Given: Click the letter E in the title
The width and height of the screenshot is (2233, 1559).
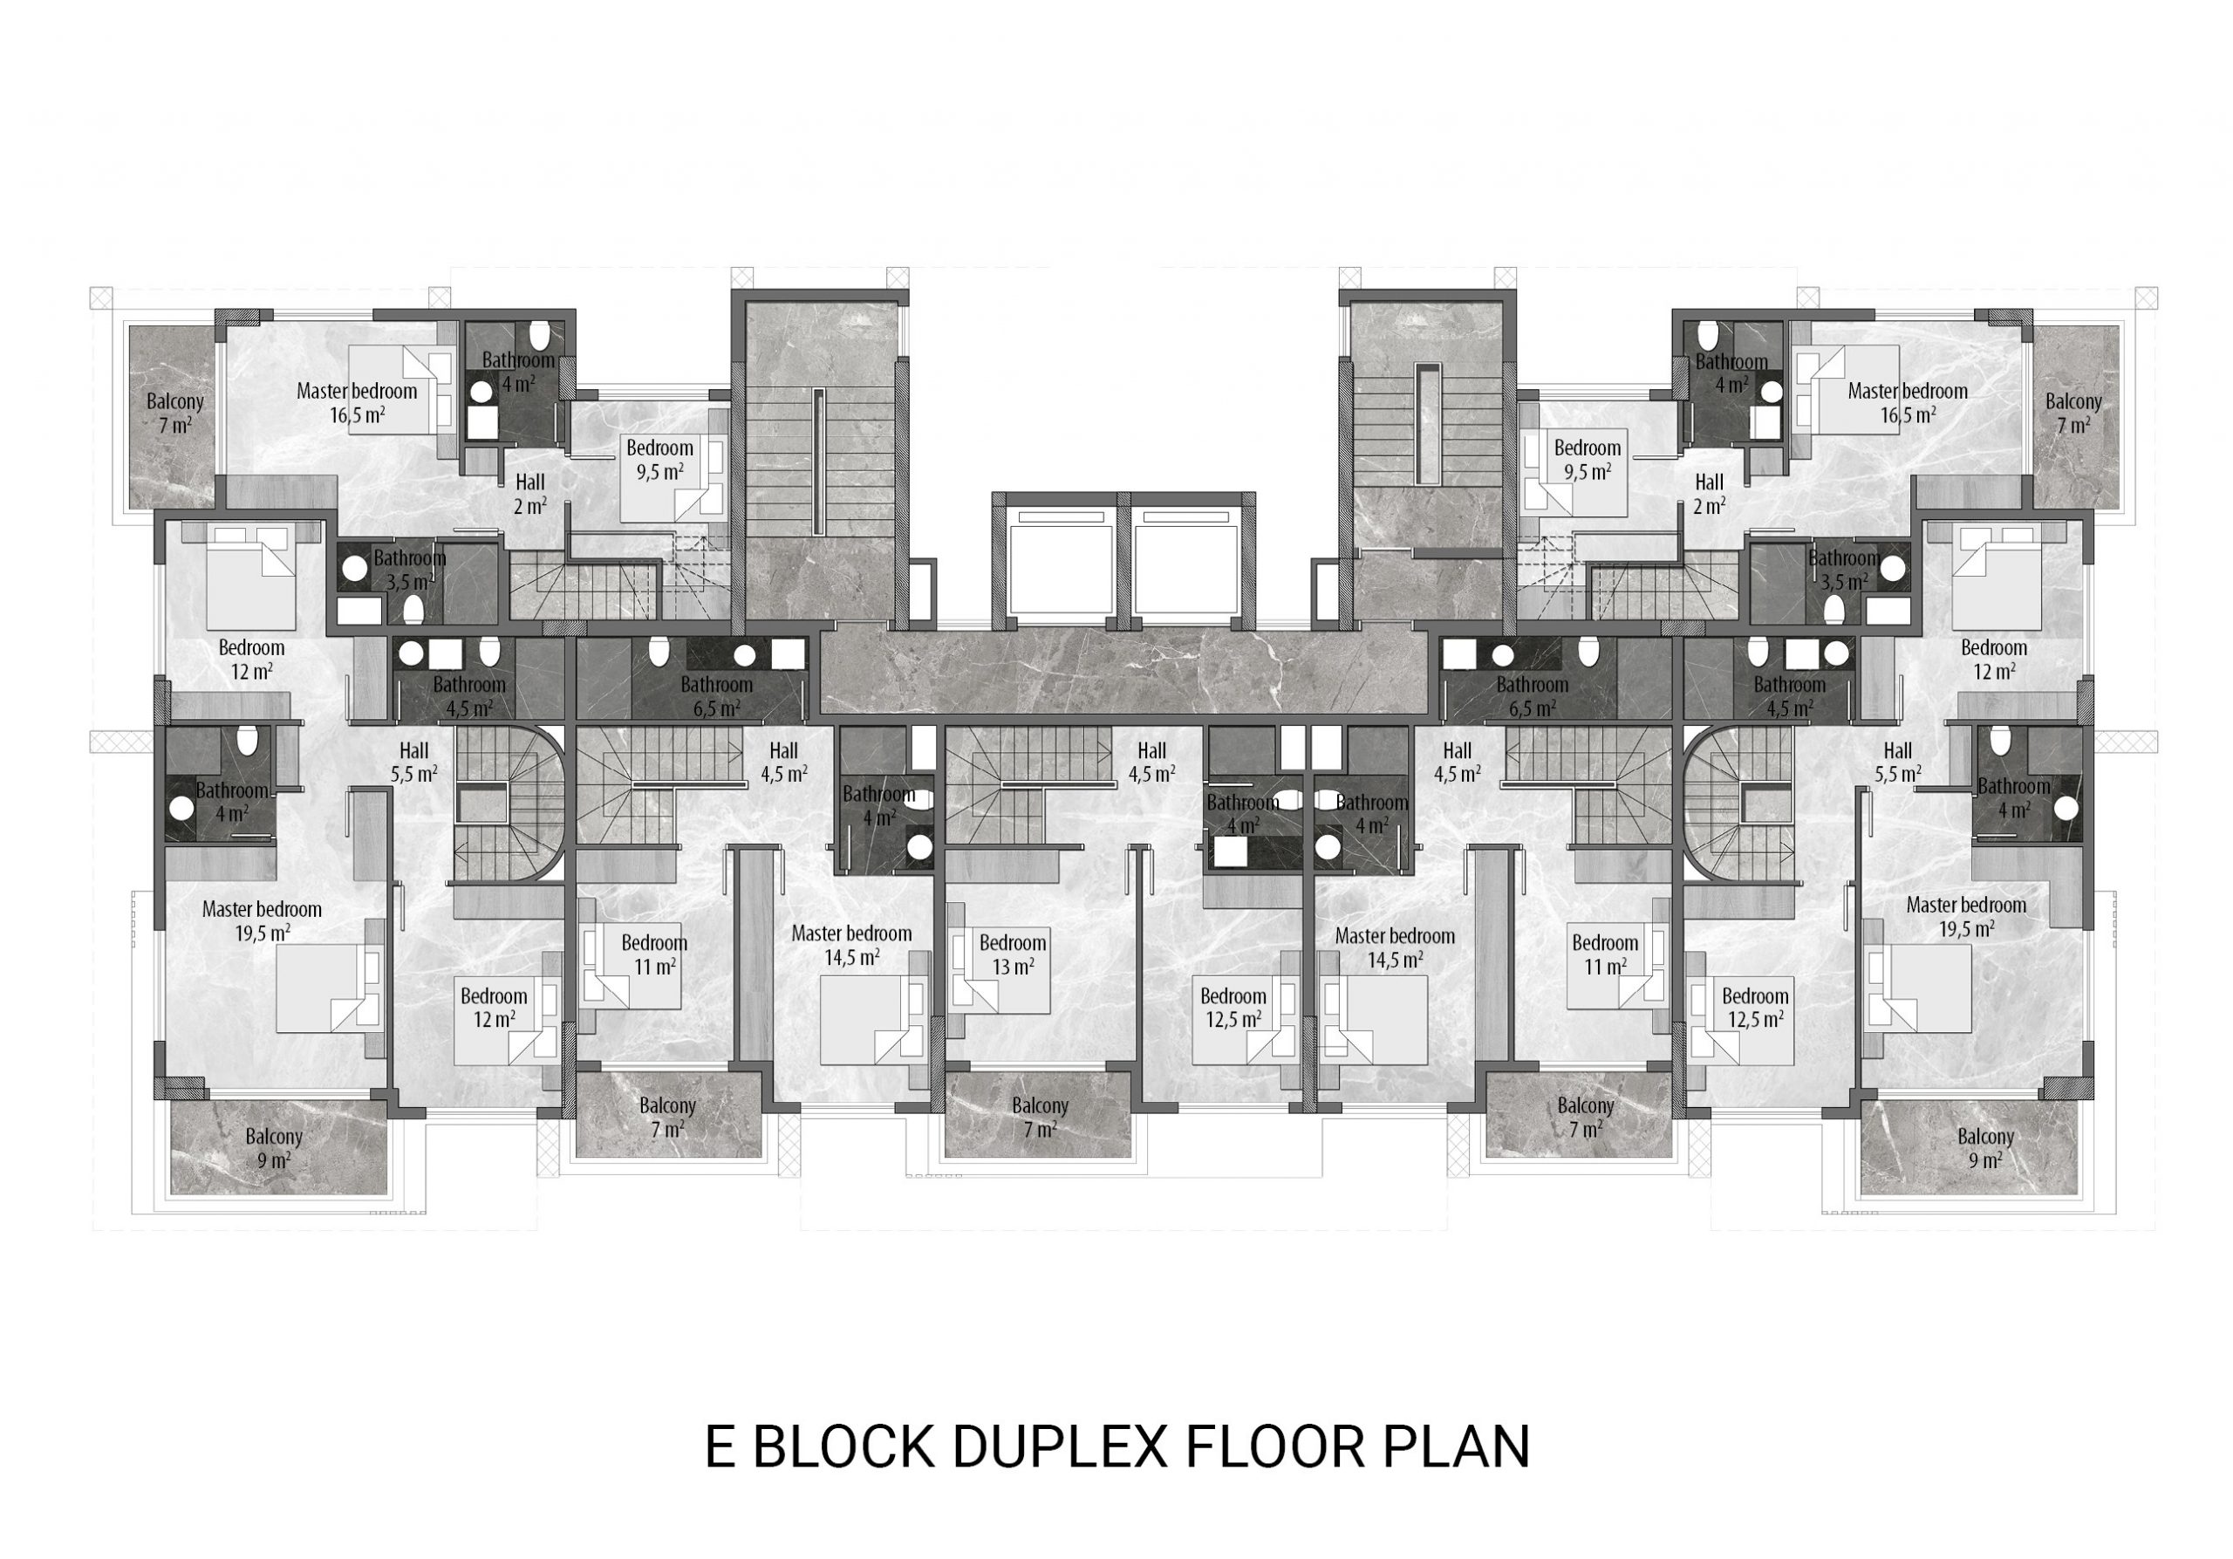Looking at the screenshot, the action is (719, 1446).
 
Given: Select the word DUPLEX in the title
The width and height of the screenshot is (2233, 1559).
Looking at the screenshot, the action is (1060, 1446).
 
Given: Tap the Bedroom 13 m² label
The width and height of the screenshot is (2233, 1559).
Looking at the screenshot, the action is (1013, 954).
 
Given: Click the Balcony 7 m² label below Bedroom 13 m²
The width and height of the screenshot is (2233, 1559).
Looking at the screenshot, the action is (1040, 1118).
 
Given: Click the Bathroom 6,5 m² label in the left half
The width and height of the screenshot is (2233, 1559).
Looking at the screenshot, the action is (716, 696).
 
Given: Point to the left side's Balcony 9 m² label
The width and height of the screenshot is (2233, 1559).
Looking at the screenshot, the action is (273, 1147).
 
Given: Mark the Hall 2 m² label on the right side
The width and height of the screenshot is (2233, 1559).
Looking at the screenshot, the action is (1709, 493).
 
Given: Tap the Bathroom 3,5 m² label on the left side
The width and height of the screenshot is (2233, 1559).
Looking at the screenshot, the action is (409, 570).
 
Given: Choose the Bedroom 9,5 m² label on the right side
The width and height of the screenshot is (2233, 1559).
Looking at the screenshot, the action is (1588, 459).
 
